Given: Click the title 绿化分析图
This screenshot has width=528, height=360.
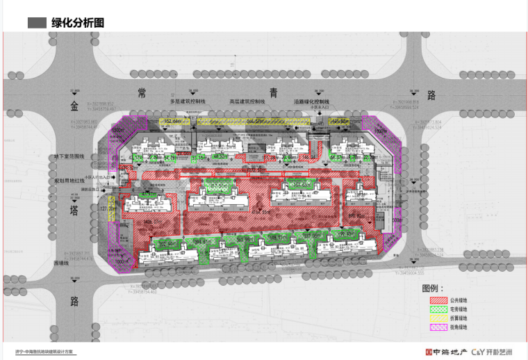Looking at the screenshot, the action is (76, 22).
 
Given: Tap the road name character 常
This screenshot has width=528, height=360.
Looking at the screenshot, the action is (142, 92).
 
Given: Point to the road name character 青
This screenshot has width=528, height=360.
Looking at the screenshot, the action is (274, 92).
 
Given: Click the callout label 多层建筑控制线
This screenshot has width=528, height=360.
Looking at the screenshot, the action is (188, 101).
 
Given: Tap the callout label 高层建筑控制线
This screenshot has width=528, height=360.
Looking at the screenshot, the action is (247, 101).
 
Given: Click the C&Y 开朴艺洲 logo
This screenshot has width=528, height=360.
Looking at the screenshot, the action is (494, 352).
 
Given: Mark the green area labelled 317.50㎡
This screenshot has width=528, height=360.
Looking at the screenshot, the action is (218, 186).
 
